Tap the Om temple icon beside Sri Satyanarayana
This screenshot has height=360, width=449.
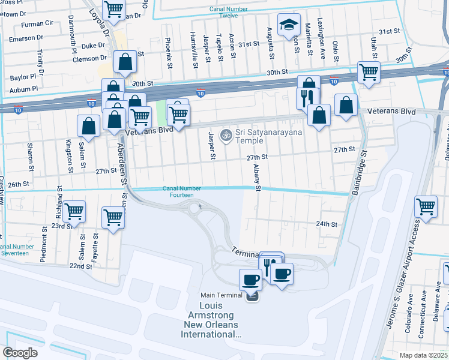coord(226,134)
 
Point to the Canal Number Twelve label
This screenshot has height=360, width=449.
coord(224,13)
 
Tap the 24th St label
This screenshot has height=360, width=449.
coord(327,223)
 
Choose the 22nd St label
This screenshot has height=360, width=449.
coord(80,265)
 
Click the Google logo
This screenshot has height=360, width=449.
coord(20,352)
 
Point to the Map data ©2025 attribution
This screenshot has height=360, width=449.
coord(422,355)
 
